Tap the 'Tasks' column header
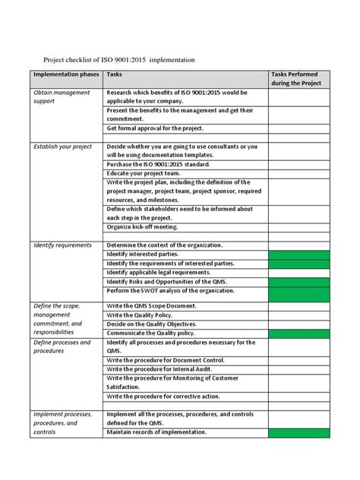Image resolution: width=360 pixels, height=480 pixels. tap(115, 75)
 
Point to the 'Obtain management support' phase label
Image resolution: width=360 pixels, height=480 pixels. tap(62, 96)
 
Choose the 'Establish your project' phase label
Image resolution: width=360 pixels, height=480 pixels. tap(62, 146)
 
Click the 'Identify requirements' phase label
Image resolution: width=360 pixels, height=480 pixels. tap(62, 245)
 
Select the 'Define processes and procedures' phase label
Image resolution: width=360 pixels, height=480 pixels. tap(62, 347)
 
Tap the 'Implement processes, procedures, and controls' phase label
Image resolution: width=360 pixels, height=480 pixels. tap(63, 423)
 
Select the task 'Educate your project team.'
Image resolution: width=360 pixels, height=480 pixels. tap(145, 173)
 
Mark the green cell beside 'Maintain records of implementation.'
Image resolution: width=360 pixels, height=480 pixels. tap(299, 432)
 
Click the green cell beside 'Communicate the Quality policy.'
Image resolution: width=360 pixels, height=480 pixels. tap(299, 332)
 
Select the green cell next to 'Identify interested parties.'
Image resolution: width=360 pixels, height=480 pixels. tap(299, 254)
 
